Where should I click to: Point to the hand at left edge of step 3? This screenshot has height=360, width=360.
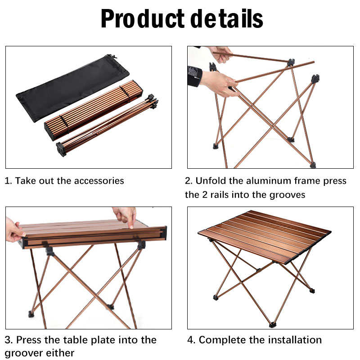(x=14, y=229)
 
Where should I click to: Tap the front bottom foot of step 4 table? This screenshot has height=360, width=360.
(x=272, y=324)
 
